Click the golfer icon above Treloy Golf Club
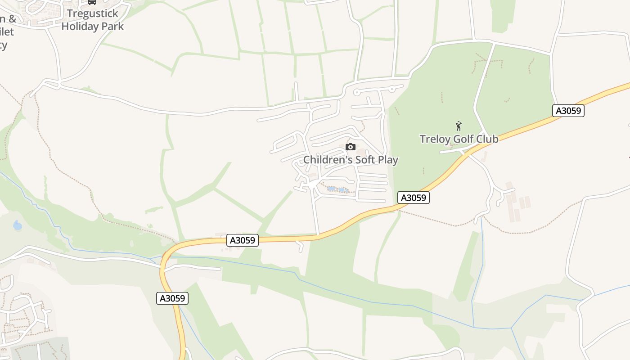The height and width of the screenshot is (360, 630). [459, 126]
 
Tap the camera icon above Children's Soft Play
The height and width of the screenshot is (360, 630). [350, 147]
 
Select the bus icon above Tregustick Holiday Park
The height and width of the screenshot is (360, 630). [92, 2]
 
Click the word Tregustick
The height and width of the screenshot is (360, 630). [93, 13]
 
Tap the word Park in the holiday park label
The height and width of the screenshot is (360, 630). [112, 26]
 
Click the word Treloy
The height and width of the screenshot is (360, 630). [435, 139]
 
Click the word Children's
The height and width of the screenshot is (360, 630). [328, 160]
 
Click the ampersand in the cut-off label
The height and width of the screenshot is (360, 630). [12, 19]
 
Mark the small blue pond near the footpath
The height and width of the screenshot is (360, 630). [18, 225]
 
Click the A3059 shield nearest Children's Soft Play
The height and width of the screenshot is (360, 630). [414, 198]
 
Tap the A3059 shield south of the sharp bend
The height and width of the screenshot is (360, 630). [172, 298]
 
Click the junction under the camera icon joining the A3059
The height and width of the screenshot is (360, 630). [319, 235]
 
